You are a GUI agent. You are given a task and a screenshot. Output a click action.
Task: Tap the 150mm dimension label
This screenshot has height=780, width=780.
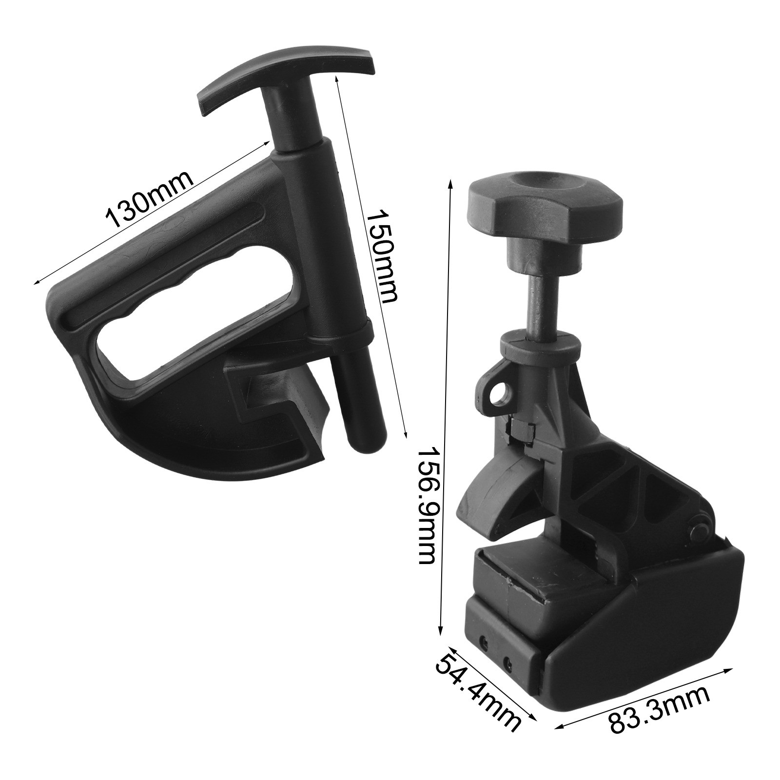click(383, 257)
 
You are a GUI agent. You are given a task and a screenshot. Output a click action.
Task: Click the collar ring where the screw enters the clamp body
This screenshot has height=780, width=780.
click(542, 346)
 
